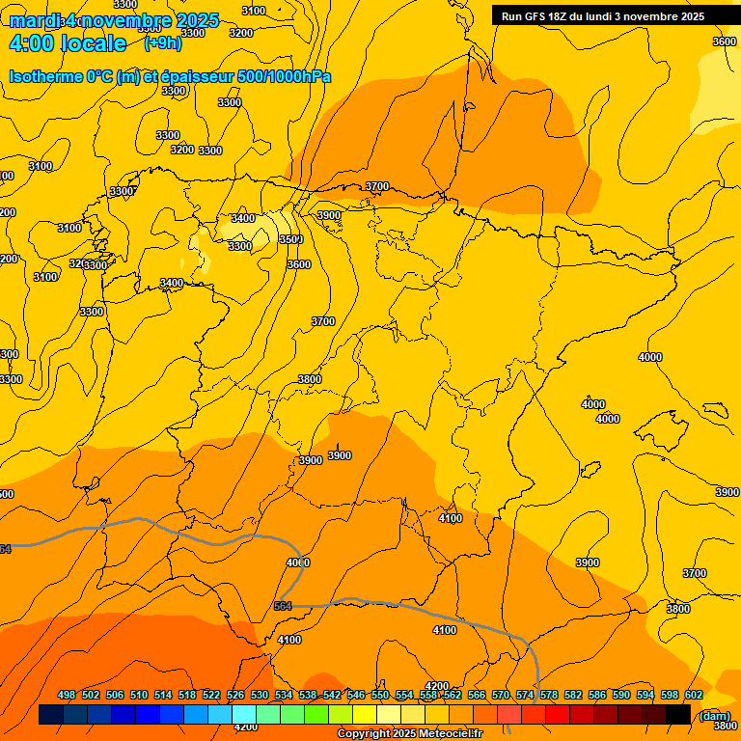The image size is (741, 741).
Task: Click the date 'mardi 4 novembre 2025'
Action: click(x=114, y=20)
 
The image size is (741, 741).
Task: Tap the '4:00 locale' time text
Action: click(x=68, y=43)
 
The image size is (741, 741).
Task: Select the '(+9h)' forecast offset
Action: click(x=162, y=42)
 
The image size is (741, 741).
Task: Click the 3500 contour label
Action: click(x=290, y=239)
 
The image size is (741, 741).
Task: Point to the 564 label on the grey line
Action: click(x=283, y=606)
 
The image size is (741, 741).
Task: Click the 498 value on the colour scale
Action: click(x=67, y=695)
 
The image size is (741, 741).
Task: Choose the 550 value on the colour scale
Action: click(x=380, y=695)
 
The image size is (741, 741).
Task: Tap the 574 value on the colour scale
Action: click(x=525, y=695)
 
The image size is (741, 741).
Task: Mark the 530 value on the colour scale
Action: click(x=260, y=695)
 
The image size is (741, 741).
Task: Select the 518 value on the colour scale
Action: click(x=187, y=695)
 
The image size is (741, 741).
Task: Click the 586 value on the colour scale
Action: click(x=597, y=695)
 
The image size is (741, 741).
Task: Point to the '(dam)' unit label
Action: click(x=715, y=715)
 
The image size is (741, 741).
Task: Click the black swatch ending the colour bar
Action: click(x=678, y=715)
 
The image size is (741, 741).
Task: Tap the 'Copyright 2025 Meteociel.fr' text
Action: click(x=409, y=733)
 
